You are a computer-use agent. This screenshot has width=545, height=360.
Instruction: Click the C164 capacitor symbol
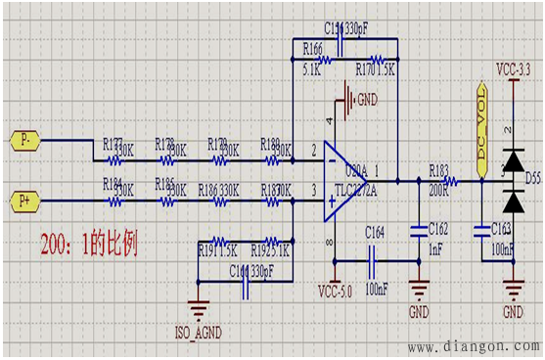coord(374,260)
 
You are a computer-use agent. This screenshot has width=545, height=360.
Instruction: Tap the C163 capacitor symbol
coord(480,231)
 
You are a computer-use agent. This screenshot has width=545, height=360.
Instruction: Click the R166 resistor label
coord(313,48)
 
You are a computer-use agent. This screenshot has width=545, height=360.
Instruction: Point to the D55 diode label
coord(531,179)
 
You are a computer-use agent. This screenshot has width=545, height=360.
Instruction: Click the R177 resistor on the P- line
coord(121,154)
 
